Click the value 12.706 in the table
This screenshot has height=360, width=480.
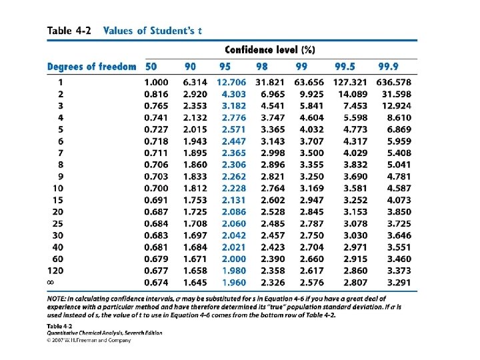click(x=231, y=82)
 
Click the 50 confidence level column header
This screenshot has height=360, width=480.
click(x=151, y=67)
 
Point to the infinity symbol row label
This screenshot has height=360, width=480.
click(x=50, y=282)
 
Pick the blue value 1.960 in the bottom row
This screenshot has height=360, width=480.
click(x=234, y=282)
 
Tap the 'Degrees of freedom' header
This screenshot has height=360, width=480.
click(x=91, y=67)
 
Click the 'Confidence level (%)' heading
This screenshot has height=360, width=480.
click(x=270, y=50)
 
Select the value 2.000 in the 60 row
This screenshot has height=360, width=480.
click(x=234, y=259)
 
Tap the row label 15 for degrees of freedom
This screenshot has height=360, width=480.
click(x=57, y=200)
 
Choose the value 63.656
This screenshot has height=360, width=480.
click(x=307, y=82)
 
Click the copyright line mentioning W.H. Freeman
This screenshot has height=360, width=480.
click(x=89, y=340)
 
